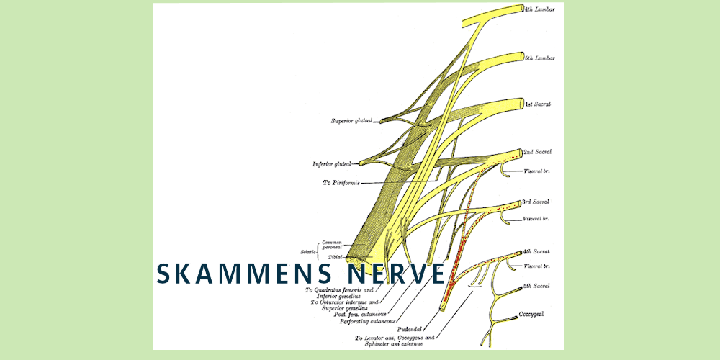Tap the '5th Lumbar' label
539,58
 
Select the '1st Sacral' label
538,104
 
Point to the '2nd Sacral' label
537,153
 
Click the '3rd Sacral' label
536,202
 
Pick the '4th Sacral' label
536,251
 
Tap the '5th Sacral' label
536,287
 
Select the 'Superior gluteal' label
351,121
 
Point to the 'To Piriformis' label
341,183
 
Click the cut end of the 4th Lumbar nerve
520,9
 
